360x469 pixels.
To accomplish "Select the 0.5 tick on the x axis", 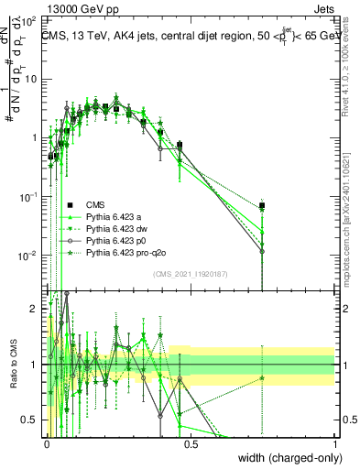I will pyautogui.click(x=190, y=444).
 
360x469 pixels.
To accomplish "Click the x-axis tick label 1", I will pyautogui.click(x=334, y=444).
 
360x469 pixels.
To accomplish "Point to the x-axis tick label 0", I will pyautogui.click(x=47, y=444).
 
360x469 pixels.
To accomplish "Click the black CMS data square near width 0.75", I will pyautogui.click(x=262, y=205).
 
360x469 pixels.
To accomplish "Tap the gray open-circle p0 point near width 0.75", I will pyautogui.click(x=262, y=251).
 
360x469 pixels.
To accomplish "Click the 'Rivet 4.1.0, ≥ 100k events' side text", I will pyautogui.click(x=352, y=69).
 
